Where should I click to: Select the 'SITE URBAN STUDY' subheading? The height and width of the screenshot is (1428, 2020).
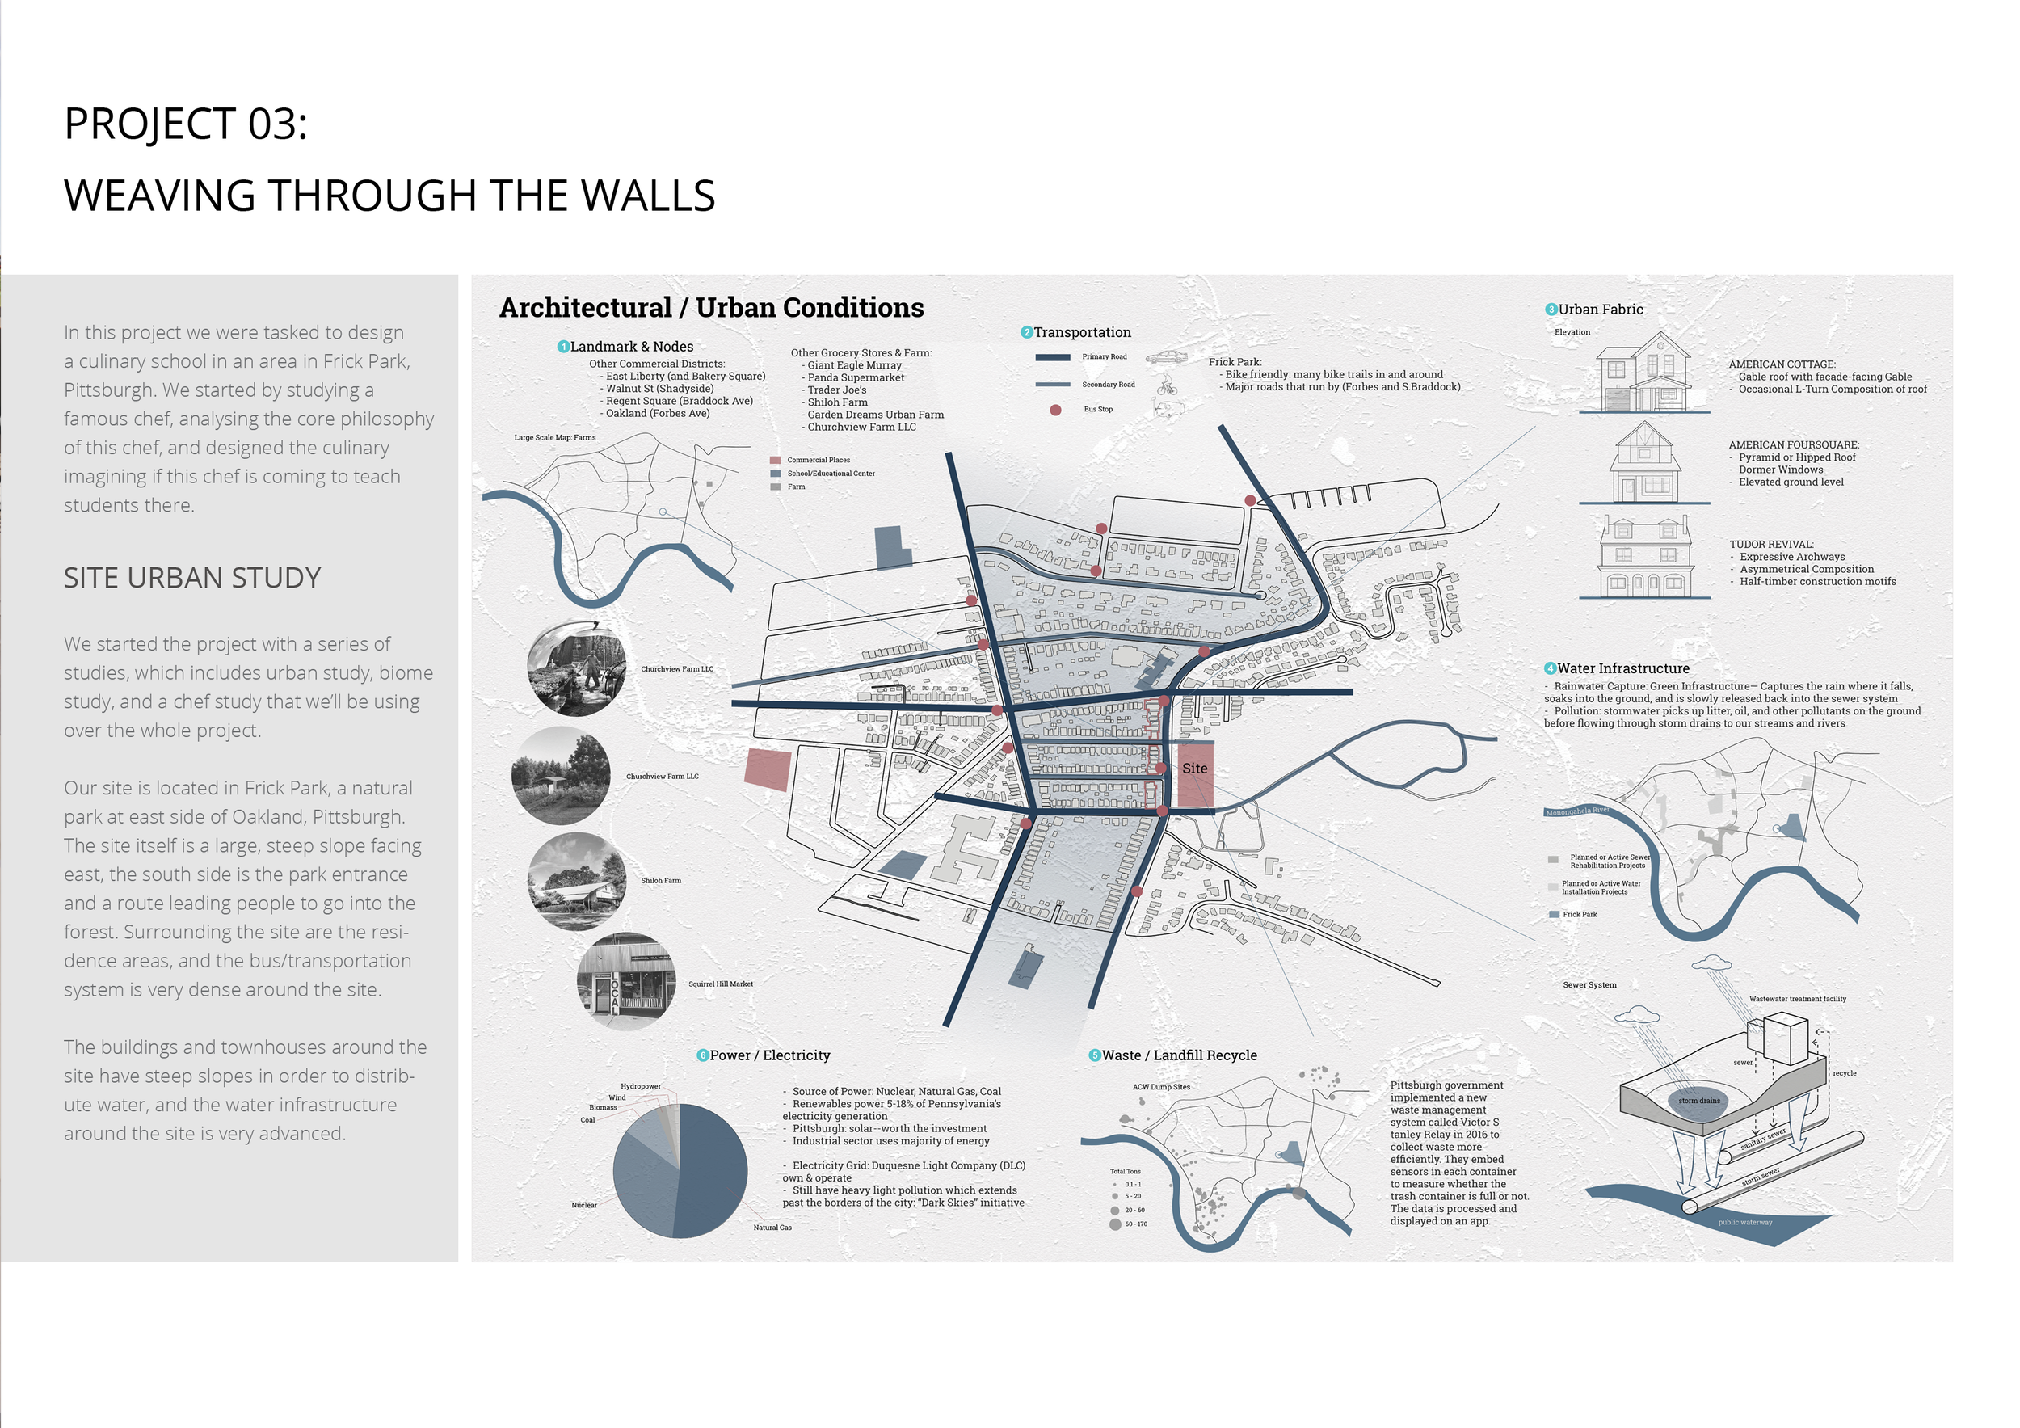click(x=191, y=577)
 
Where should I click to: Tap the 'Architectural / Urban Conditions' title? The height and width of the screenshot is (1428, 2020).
click(x=711, y=307)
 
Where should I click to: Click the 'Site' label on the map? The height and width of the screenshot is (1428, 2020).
click(x=1194, y=768)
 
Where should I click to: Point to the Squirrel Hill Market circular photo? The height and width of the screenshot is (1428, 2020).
click(x=625, y=981)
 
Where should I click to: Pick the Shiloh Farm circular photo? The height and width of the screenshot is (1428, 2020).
click(x=577, y=881)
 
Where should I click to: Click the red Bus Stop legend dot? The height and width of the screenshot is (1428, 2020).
click(x=1055, y=410)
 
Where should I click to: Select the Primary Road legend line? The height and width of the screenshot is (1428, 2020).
click(x=1052, y=357)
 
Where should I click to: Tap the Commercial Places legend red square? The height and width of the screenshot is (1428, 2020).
click(x=775, y=460)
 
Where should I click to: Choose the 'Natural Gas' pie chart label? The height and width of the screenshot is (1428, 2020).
click(x=772, y=1228)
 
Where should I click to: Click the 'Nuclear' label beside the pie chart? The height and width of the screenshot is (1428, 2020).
click(x=584, y=1206)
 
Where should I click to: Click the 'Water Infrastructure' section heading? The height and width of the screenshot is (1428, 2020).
click(x=1622, y=668)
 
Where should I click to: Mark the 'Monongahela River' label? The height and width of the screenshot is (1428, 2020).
click(x=1576, y=811)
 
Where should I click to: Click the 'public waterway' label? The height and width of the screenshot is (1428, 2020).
click(x=1744, y=1222)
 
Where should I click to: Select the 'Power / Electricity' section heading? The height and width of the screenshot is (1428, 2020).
click(x=769, y=1055)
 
